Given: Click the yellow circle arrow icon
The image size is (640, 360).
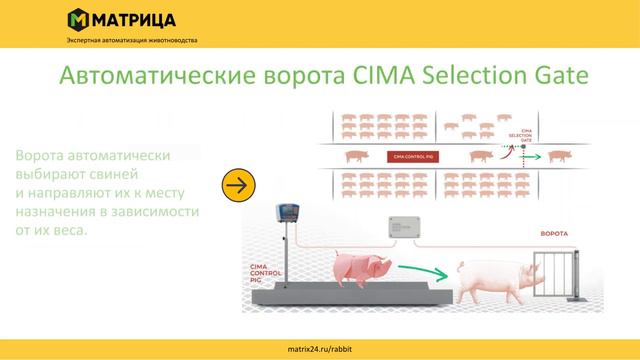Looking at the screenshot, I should pos(239,186).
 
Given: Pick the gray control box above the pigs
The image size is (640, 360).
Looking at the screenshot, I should pos(408,228).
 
